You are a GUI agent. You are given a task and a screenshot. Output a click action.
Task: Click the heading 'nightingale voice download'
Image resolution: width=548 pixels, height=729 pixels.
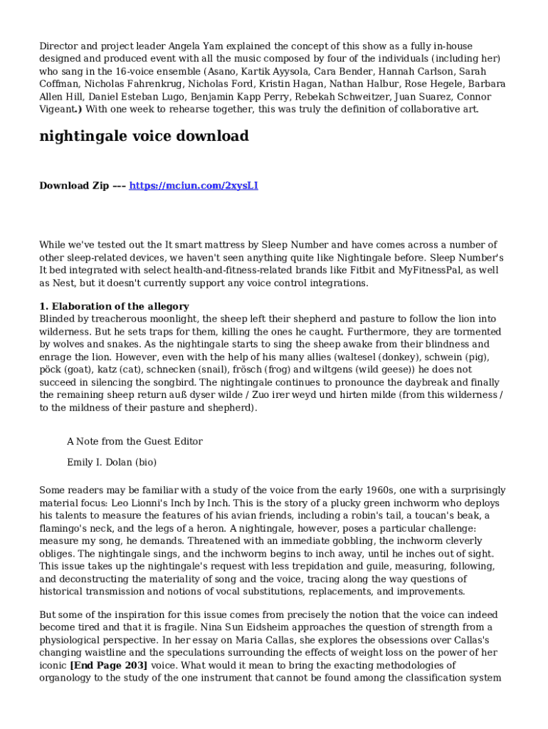point(144,136)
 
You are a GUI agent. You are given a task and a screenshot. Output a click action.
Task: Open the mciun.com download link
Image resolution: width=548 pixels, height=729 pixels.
point(193,186)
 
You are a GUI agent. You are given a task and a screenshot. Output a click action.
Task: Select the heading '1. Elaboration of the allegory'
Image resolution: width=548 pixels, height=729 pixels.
point(114,306)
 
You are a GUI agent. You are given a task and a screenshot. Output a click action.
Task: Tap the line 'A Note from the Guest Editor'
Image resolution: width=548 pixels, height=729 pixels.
point(135,441)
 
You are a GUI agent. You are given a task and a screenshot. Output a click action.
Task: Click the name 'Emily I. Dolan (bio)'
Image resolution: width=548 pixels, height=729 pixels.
point(112,462)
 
